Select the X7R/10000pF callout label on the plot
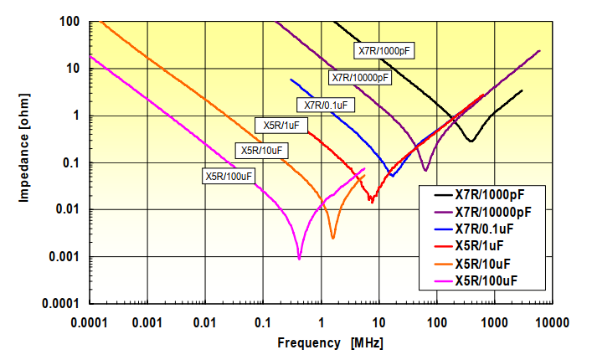point(361,78)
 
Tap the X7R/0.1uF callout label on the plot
point(325,105)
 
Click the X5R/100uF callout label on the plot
point(229,176)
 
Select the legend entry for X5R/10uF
point(490,263)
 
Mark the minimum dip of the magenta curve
point(299,259)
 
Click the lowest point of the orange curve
point(332,239)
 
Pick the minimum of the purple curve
point(425,170)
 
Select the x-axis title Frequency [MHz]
point(330,343)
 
